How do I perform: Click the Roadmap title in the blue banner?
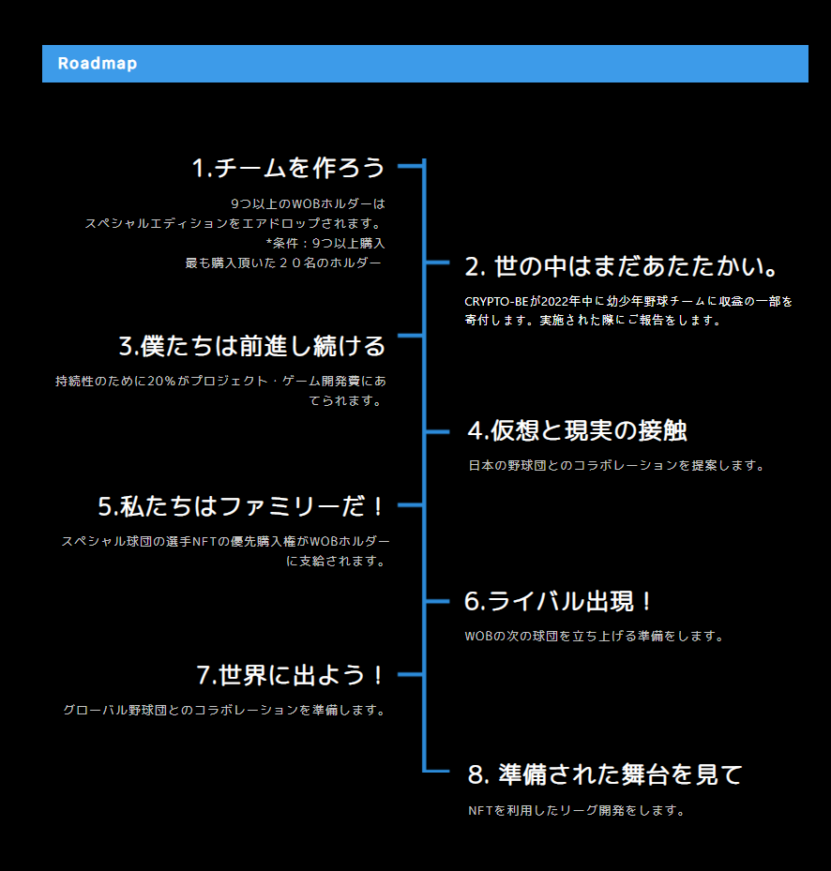(x=98, y=64)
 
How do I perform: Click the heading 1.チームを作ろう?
(x=289, y=168)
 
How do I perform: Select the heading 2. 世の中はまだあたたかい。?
(x=623, y=267)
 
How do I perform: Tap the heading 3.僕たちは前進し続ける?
(x=252, y=346)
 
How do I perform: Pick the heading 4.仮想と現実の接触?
(x=577, y=430)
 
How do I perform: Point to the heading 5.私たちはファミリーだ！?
(x=242, y=506)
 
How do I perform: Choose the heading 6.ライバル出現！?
(x=559, y=601)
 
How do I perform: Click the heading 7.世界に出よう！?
(x=291, y=675)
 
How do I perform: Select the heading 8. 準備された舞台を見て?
(x=605, y=774)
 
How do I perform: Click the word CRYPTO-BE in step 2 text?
(x=497, y=302)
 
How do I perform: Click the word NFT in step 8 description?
(x=480, y=811)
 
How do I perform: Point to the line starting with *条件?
(x=325, y=244)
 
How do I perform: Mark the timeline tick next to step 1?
(x=411, y=166)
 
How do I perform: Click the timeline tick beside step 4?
(x=437, y=431)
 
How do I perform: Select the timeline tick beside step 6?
(x=437, y=601)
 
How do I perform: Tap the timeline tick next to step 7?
(x=411, y=674)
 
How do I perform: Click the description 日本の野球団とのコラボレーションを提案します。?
(x=616, y=465)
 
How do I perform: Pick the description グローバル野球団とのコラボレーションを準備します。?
(x=224, y=710)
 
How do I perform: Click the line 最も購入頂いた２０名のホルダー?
(x=283, y=263)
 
